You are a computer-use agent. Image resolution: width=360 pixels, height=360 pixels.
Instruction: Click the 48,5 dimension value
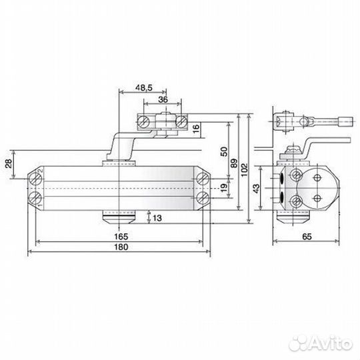[x=144, y=88]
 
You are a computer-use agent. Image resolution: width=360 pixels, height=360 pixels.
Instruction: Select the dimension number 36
[x=163, y=99]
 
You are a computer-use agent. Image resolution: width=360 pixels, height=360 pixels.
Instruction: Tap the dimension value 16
[x=196, y=129]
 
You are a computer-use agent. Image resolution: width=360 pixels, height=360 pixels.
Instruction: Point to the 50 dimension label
[x=224, y=151]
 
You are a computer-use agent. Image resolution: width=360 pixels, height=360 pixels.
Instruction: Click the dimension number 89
[x=234, y=163]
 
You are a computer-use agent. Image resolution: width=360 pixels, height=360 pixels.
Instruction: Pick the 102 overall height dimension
[x=245, y=170]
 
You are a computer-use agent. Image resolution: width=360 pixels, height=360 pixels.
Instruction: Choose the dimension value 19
[x=224, y=187]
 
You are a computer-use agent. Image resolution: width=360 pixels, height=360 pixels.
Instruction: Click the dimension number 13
[x=157, y=218]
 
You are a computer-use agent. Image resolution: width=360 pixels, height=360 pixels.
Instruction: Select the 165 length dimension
[x=121, y=237]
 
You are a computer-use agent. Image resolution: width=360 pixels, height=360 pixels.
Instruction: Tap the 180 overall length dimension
[x=121, y=247]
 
